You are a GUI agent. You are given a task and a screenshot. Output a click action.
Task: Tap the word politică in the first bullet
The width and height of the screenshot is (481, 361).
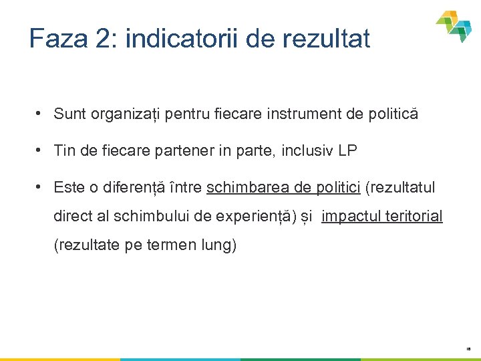(x=393, y=114)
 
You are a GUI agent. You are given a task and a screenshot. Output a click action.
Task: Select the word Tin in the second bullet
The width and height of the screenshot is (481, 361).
(x=65, y=150)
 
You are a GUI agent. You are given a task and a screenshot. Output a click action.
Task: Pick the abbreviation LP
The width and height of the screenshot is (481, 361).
(x=347, y=150)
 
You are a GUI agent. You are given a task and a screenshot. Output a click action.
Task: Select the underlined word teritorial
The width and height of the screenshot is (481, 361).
(x=414, y=217)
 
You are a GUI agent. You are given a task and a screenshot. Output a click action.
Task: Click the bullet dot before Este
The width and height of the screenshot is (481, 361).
(x=41, y=187)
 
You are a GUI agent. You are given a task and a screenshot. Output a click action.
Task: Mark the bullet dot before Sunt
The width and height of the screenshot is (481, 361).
(x=41, y=114)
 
